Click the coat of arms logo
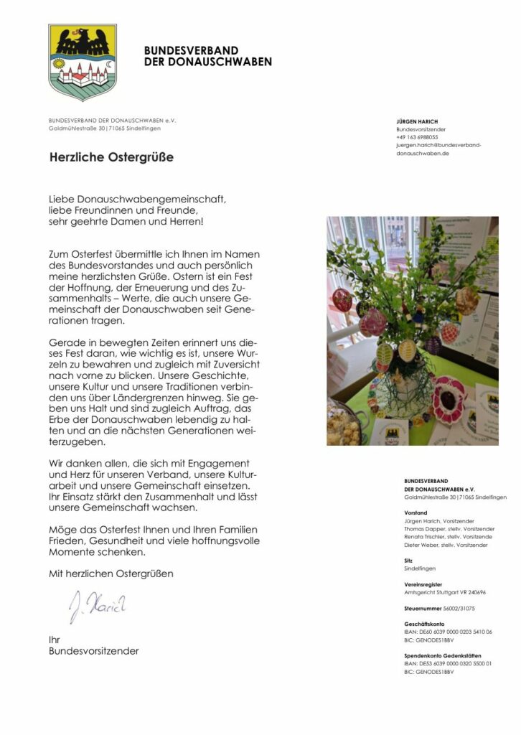pos(83,62)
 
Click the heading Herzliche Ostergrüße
pos(111,156)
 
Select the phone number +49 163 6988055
pos(417,137)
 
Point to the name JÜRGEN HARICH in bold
pos(417,121)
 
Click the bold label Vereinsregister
pos(423,585)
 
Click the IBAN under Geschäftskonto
pos(449,632)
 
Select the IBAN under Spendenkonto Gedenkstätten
pos(449,664)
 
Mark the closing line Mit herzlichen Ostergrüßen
pos(111,574)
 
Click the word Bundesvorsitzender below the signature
pos(93,651)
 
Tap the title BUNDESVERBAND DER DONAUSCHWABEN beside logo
pos(207,56)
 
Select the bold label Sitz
pos(408,560)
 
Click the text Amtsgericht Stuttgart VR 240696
pos(445,593)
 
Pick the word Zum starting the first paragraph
pos(59,254)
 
